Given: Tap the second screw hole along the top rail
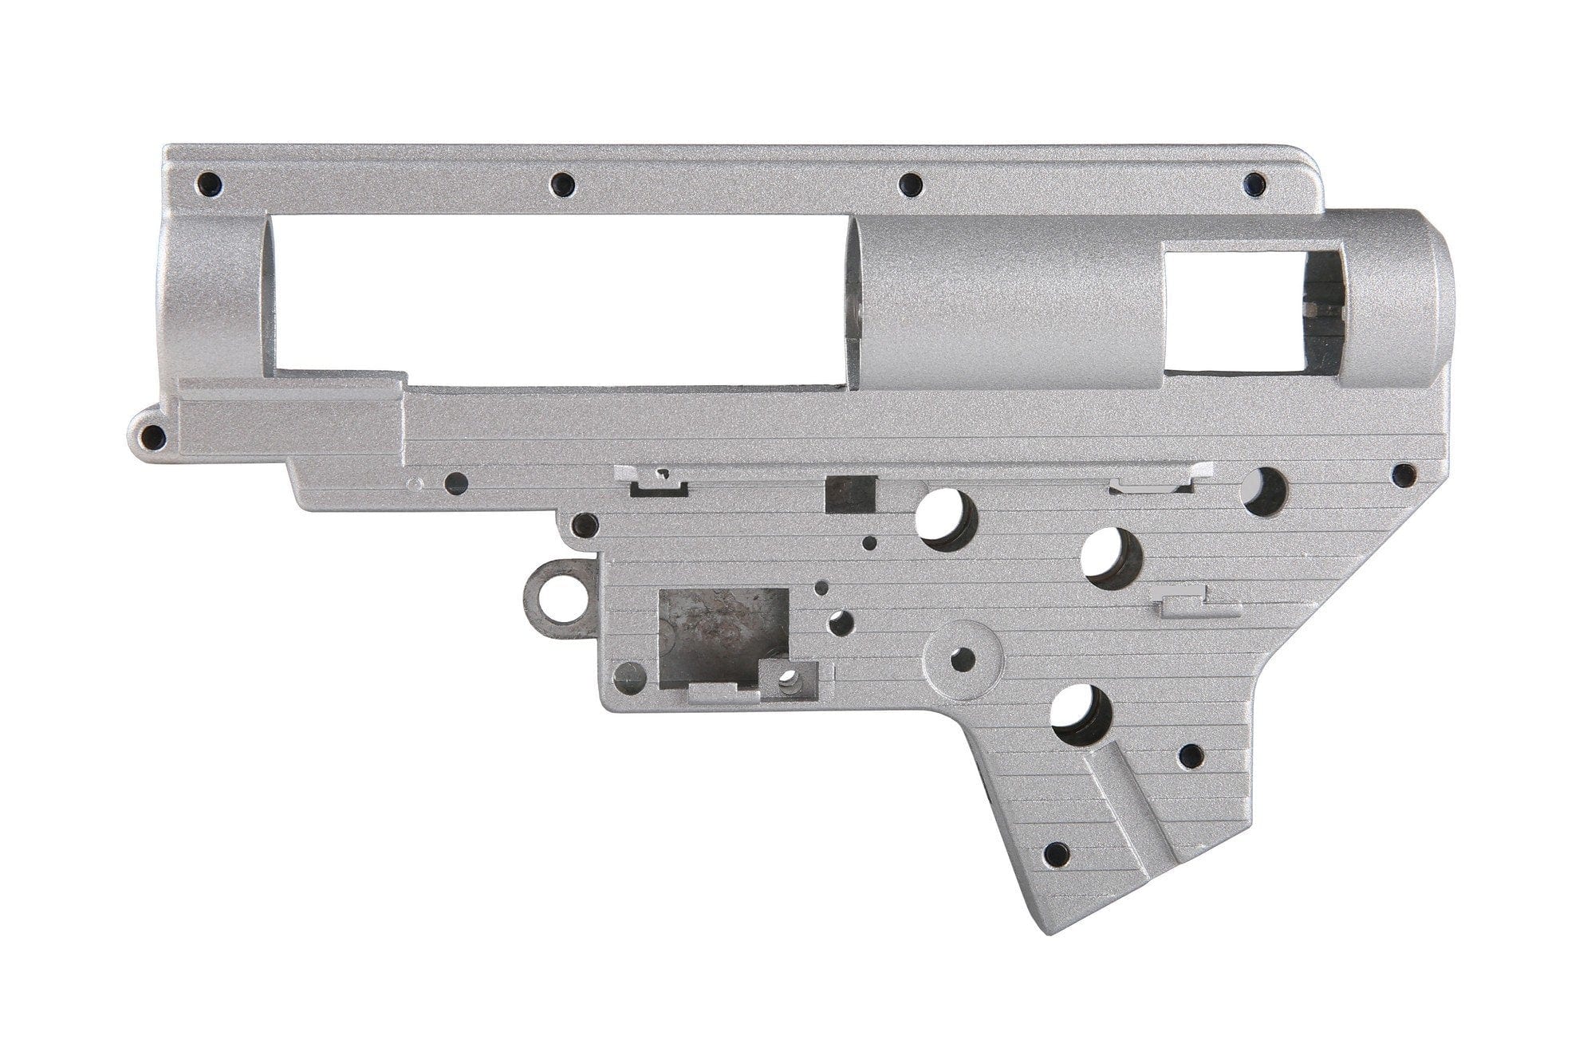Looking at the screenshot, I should click(x=563, y=185).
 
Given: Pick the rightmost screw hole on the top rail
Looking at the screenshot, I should click(x=1255, y=184).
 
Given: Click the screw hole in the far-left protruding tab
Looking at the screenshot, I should click(x=152, y=436).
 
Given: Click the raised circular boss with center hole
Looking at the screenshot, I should click(x=963, y=659).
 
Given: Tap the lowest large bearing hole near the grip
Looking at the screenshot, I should click(x=1081, y=711).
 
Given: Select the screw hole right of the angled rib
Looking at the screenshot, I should click(x=1190, y=754).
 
